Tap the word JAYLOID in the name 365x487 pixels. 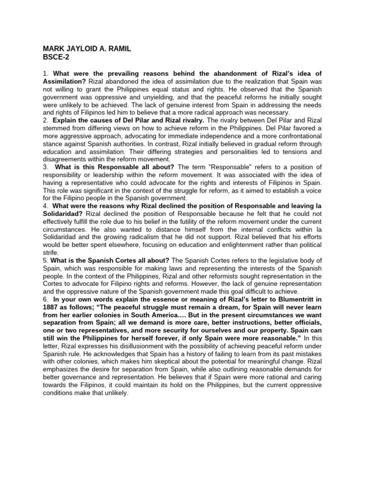[84, 49]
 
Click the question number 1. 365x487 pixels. [45, 74]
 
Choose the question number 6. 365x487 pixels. [45, 299]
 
